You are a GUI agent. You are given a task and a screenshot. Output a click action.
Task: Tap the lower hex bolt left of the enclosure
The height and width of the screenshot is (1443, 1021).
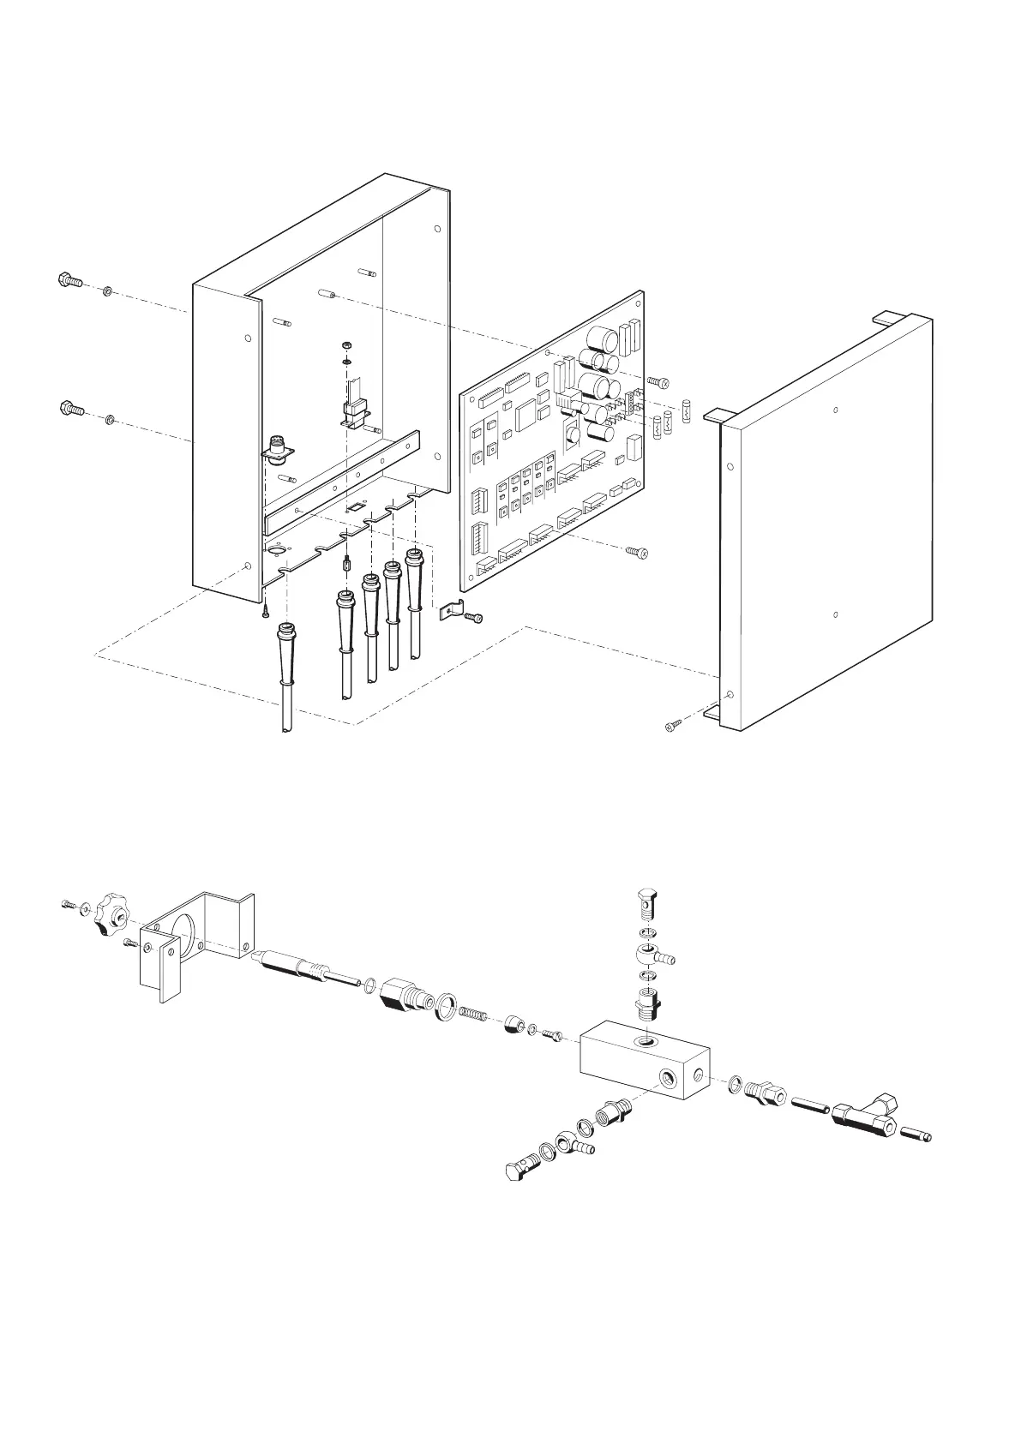tap(71, 409)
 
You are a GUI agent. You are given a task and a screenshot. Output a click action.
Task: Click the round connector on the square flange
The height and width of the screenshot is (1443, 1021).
tap(279, 447)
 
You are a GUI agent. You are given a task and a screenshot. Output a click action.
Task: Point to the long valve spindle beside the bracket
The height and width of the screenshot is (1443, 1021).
tap(304, 970)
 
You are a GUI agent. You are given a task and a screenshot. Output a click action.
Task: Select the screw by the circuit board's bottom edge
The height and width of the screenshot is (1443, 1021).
tap(637, 552)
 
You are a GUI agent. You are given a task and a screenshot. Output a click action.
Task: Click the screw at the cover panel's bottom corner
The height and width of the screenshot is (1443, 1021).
tap(672, 727)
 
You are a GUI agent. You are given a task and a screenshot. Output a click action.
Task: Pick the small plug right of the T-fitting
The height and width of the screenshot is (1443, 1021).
tap(916, 1137)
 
